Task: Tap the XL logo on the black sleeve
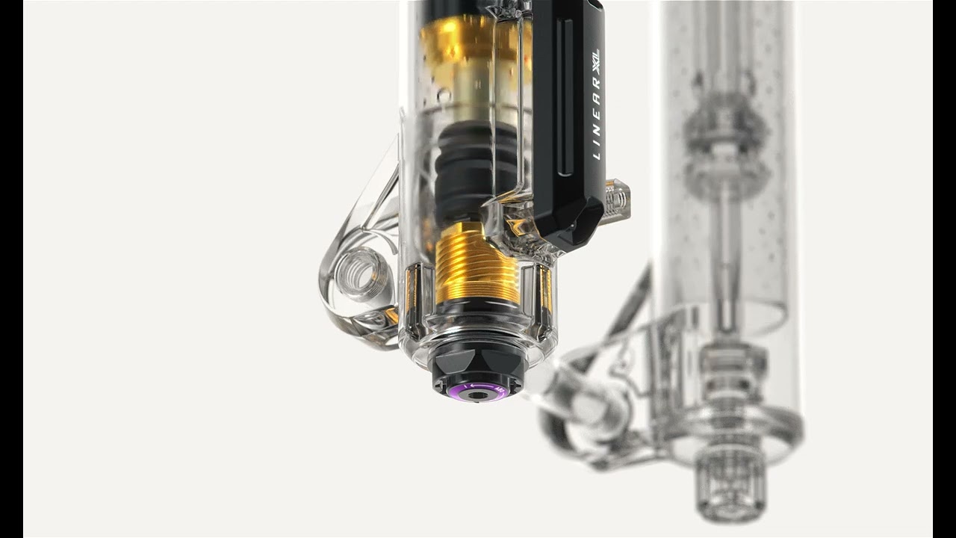(596, 62)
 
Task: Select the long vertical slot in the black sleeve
(565, 97)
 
